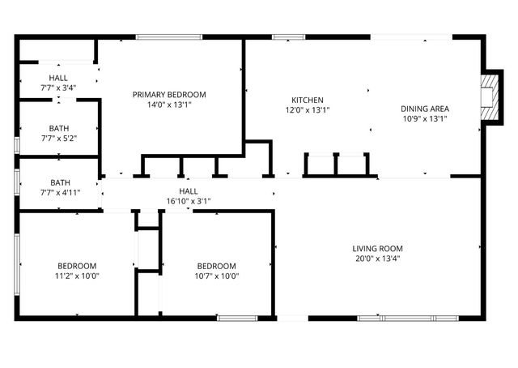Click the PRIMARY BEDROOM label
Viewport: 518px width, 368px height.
pos(169,94)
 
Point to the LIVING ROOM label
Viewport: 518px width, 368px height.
pos(377,248)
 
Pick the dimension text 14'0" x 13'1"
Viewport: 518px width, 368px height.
pos(169,105)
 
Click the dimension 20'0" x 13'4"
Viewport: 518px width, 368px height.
pos(377,259)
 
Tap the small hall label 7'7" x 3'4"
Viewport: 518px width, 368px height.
pos(58,88)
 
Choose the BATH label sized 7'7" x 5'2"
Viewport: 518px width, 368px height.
pos(58,127)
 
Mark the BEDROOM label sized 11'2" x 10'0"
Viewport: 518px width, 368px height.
pos(77,265)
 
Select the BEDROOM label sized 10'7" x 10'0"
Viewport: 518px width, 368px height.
pos(217,265)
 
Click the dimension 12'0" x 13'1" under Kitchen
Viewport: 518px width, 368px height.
pos(308,109)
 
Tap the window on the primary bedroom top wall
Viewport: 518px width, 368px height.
pos(168,36)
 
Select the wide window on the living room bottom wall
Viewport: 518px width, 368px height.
pos(394,318)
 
